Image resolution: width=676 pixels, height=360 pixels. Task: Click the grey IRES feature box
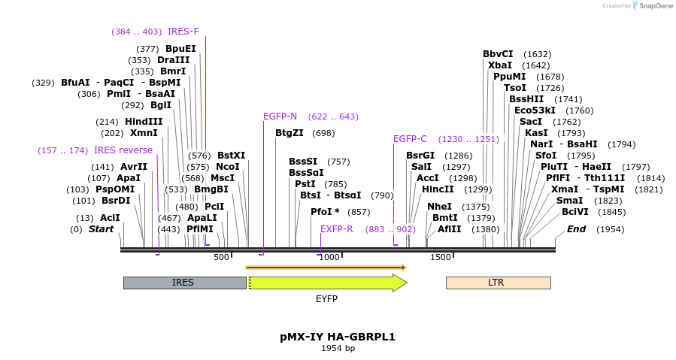[x=184, y=283]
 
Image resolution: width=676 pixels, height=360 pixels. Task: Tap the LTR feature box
[x=498, y=283]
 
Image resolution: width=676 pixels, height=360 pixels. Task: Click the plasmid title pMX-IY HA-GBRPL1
[x=338, y=337]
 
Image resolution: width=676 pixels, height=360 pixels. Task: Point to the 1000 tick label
[x=329, y=258]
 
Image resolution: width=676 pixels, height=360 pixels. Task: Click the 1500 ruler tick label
[x=440, y=258]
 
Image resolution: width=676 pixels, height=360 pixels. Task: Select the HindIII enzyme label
[x=144, y=122]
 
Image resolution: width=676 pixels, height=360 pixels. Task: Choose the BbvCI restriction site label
[x=498, y=54]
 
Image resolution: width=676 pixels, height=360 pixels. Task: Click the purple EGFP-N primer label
[x=280, y=116]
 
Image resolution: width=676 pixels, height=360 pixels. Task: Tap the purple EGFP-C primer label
[x=410, y=139]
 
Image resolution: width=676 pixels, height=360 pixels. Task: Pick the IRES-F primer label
[x=183, y=32]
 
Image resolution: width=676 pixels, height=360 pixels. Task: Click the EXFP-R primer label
[x=336, y=229]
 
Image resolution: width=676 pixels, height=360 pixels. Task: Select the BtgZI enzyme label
[x=289, y=133]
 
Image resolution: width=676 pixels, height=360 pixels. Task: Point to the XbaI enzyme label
[x=500, y=65]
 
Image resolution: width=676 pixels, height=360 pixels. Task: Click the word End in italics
[x=577, y=229]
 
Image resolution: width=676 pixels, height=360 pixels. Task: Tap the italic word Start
[x=102, y=229]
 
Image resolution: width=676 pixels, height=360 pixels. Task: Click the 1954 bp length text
[x=338, y=348]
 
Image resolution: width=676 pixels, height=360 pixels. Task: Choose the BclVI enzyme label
[x=575, y=212]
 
